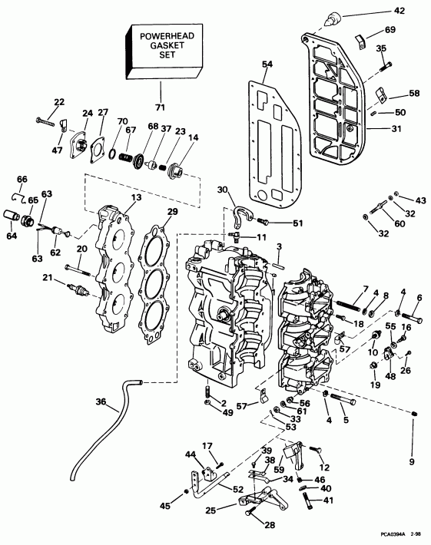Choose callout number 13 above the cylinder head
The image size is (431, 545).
coord(135,197)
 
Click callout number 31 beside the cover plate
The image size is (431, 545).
coord(396,129)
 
